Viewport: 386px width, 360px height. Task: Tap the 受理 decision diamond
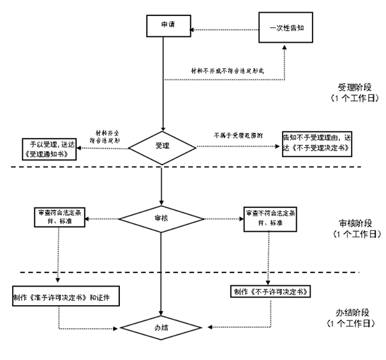163,146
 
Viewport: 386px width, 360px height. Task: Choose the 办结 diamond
161,328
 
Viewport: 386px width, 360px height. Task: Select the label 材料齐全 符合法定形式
108,133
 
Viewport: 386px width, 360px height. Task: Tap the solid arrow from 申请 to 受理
164,83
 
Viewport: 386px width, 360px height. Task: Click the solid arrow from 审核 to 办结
161,274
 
